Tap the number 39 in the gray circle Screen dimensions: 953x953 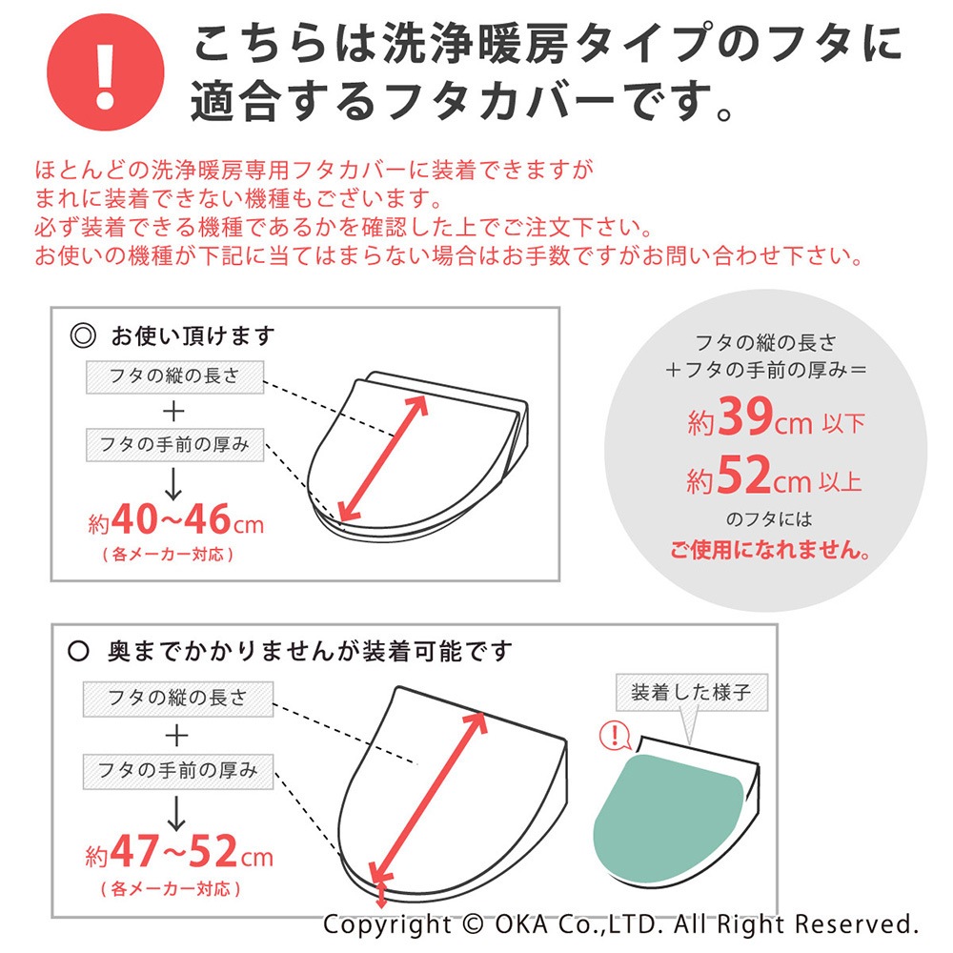click(745, 416)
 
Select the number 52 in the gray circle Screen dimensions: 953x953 click(744, 475)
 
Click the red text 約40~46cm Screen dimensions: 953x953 click(175, 520)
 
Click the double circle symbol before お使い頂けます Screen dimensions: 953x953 click(83, 335)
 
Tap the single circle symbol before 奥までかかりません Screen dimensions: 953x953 click(78, 652)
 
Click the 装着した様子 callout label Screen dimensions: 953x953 click(692, 692)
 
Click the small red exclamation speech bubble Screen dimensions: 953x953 click(615, 736)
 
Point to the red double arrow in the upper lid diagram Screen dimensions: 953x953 click(383, 458)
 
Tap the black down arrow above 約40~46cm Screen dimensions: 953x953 click(173, 484)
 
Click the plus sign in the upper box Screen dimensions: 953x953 click(173, 412)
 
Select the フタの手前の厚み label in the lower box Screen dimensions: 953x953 click(178, 771)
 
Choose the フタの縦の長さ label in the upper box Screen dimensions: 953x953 click(175, 376)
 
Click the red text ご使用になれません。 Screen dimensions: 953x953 click(770, 550)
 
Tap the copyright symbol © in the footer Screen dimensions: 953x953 click(473, 924)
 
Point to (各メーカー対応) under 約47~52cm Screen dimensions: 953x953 click(171, 889)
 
